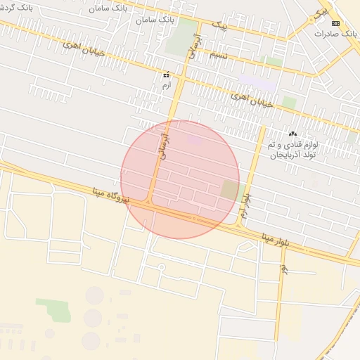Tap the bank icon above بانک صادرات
335,23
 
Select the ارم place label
167,84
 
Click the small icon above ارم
167,75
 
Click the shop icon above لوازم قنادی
292,134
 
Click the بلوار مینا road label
281,237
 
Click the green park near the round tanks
53,309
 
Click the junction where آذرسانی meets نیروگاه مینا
149,204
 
